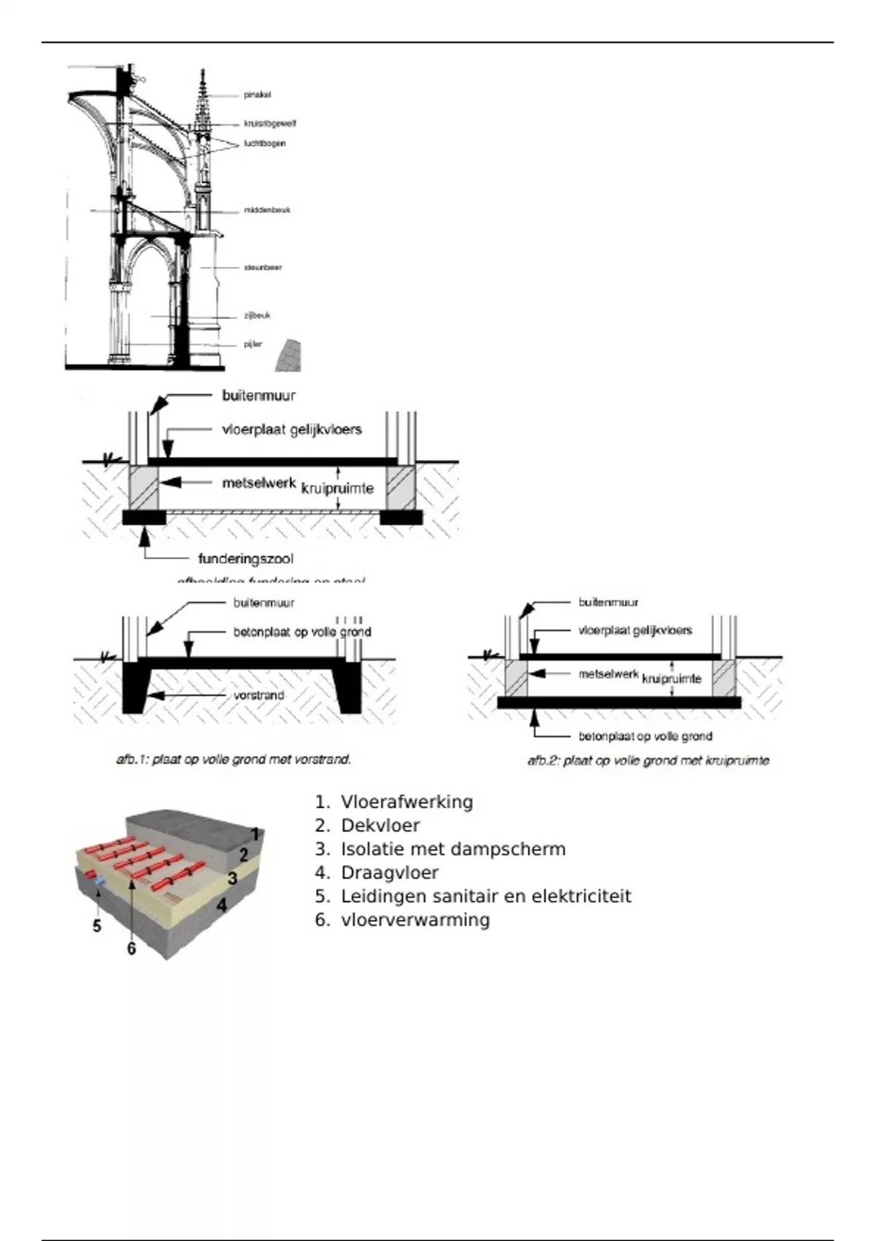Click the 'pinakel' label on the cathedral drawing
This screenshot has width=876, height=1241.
pyautogui.click(x=258, y=95)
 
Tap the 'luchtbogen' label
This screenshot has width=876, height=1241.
pyautogui.click(x=264, y=143)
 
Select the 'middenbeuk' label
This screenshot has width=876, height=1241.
pyautogui.click(x=266, y=210)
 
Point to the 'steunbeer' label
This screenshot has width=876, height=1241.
pyautogui.click(x=263, y=267)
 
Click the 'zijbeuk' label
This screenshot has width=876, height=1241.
pyautogui.click(x=257, y=315)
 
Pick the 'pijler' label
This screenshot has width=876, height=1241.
pyautogui.click(x=253, y=344)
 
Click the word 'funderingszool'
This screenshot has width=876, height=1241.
pyautogui.click(x=246, y=559)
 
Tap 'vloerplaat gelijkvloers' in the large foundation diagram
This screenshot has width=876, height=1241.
pyautogui.click(x=292, y=429)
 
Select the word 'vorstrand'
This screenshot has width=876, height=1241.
pyautogui.click(x=259, y=696)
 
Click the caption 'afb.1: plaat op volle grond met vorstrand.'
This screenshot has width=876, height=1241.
pyautogui.click(x=234, y=760)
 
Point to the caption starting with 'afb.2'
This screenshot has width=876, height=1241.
pyautogui.click(x=648, y=761)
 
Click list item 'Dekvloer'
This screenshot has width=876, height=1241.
pyautogui.click(x=380, y=826)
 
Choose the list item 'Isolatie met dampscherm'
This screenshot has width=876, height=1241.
pyautogui.click(x=453, y=849)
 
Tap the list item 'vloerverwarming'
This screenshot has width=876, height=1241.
pyautogui.click(x=415, y=920)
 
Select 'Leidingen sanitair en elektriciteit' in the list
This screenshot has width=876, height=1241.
pyautogui.click(x=485, y=896)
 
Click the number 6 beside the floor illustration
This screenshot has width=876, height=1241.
pyautogui.click(x=131, y=948)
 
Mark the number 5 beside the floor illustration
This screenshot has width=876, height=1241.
pyautogui.click(x=96, y=926)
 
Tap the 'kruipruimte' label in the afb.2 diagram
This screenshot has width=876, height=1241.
pyautogui.click(x=672, y=679)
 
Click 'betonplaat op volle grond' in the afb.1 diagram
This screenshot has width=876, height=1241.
pyautogui.click(x=302, y=632)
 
